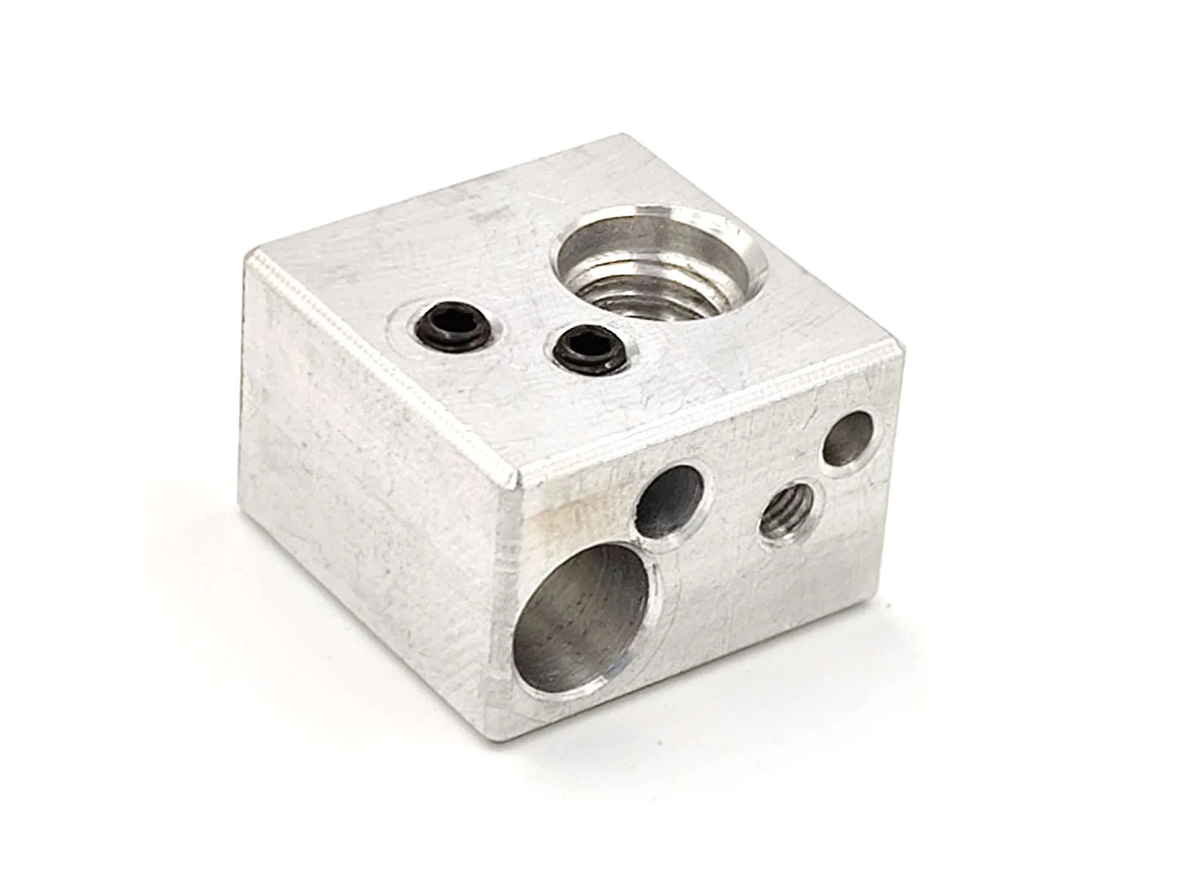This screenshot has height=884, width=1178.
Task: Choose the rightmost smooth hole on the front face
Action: click(848, 441)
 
